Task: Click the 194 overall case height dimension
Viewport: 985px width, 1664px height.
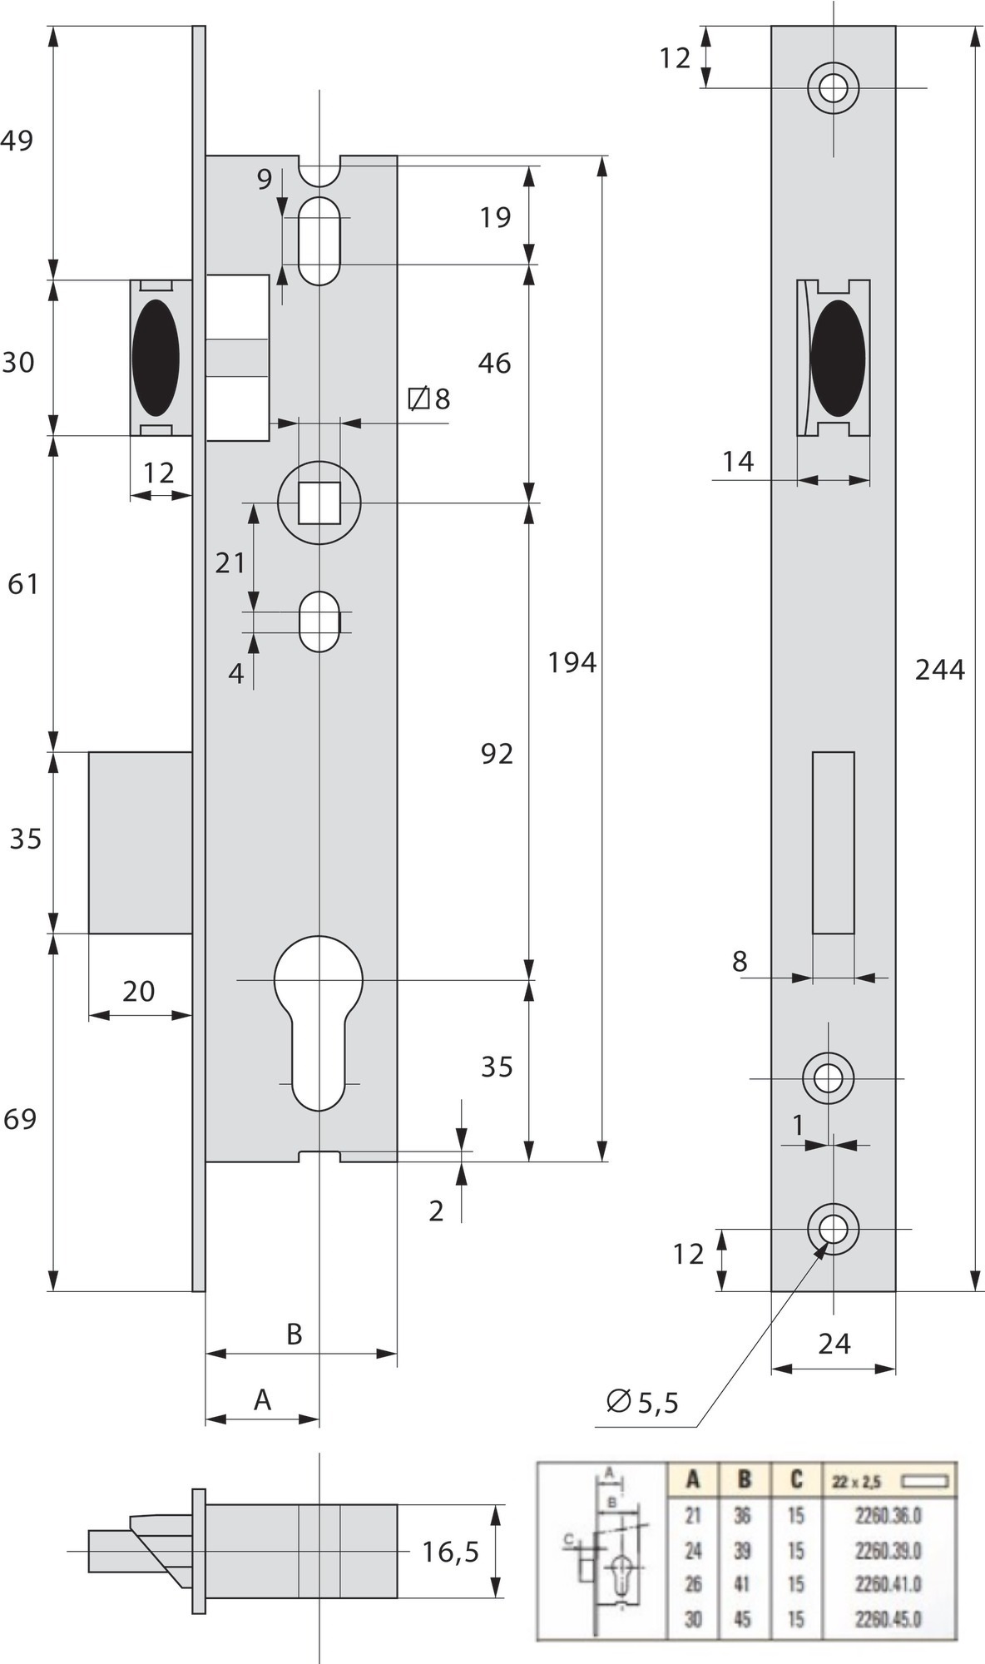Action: pos(572,662)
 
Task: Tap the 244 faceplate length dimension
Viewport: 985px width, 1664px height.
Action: pos(940,669)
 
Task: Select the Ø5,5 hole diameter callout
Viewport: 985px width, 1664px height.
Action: pos(643,1402)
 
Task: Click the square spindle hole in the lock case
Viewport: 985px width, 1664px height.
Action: pos(319,502)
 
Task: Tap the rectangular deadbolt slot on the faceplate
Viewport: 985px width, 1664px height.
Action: pos(834,842)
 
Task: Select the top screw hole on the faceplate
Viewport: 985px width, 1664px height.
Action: pos(833,87)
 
